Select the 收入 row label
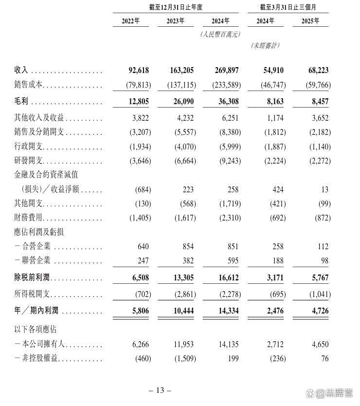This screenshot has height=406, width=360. (x=21, y=71)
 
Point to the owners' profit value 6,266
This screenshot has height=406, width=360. (x=141, y=345)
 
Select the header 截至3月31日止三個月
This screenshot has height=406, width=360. (x=288, y=7)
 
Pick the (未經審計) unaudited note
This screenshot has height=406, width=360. (x=265, y=45)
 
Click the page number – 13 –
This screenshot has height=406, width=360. (x=160, y=390)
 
